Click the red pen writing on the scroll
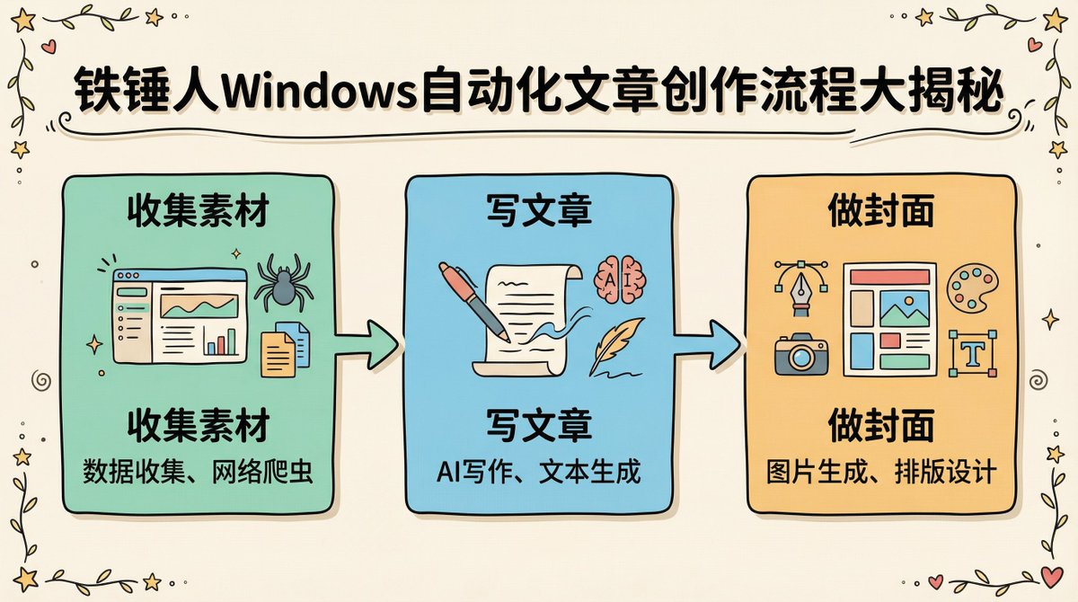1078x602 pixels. (475, 302)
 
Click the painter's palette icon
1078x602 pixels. (971, 288)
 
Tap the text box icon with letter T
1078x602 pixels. (971, 353)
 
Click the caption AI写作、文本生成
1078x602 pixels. (539, 472)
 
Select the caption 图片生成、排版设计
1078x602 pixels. (881, 472)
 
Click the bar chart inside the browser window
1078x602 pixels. (221, 341)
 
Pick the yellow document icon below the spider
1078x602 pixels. (278, 353)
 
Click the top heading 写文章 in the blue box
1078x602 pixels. (538, 213)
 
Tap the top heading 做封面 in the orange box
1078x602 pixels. (881, 213)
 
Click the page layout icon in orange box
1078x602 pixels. (888, 319)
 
